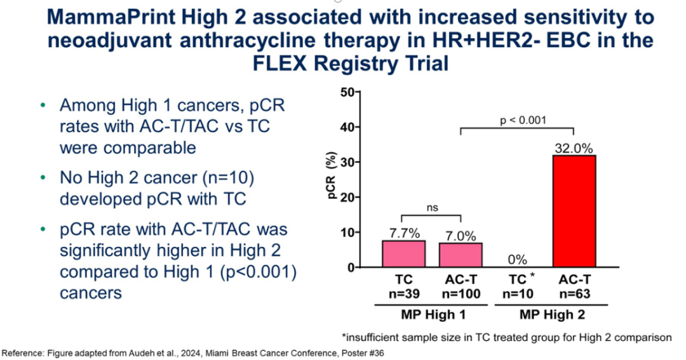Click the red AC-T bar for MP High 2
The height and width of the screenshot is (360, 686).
click(574, 211)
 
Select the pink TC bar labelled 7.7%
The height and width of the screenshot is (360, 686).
click(404, 253)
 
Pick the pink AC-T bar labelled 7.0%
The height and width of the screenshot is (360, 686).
click(461, 255)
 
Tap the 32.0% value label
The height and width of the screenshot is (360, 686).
click(574, 148)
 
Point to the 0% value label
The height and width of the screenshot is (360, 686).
click(517, 259)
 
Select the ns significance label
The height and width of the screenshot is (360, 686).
click(432, 208)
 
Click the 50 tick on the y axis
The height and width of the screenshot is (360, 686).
click(347, 92)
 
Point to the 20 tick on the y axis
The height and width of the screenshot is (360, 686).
click(347, 197)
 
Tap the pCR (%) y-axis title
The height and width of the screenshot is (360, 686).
click(333, 180)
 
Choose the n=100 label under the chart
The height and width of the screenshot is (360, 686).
click(461, 295)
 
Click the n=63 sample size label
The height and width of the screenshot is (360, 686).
click(574, 295)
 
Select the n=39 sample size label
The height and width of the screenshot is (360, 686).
click(404, 295)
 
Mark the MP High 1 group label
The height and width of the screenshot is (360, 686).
click(432, 314)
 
